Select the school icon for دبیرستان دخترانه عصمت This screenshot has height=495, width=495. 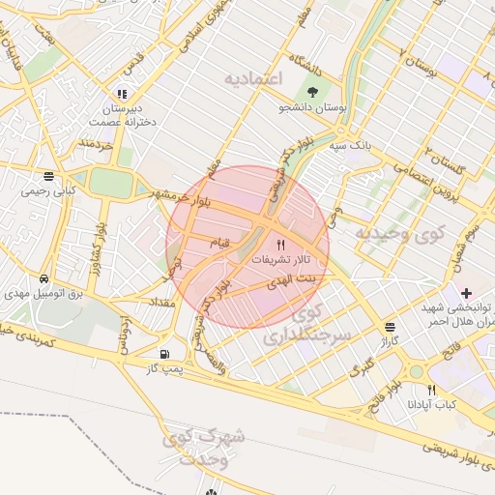point(122,94)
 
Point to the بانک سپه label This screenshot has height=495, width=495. point(349,145)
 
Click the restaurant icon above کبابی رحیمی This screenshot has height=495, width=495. point(48,176)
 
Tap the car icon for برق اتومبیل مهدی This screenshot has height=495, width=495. point(44,278)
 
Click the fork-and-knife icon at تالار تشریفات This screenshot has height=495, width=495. point(281,246)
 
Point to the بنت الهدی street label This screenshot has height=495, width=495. point(297,278)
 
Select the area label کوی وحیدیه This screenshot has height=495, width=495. point(398,233)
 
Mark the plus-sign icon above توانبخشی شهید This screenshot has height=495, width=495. point(466,291)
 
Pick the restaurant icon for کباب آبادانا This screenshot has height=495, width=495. point(431,390)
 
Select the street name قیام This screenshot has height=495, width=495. point(220,243)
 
